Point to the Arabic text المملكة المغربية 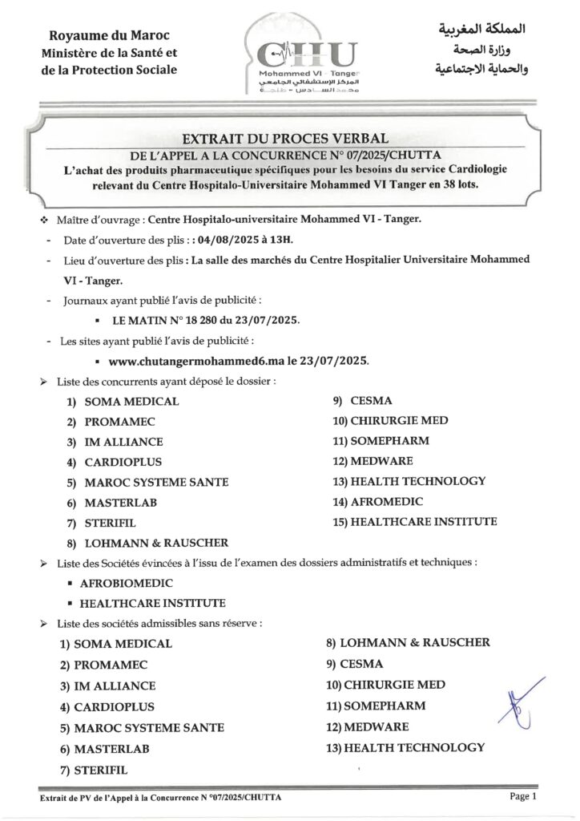(x=477, y=31)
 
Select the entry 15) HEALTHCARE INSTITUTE (x=414, y=522)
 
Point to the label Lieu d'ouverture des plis (x=121, y=261)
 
